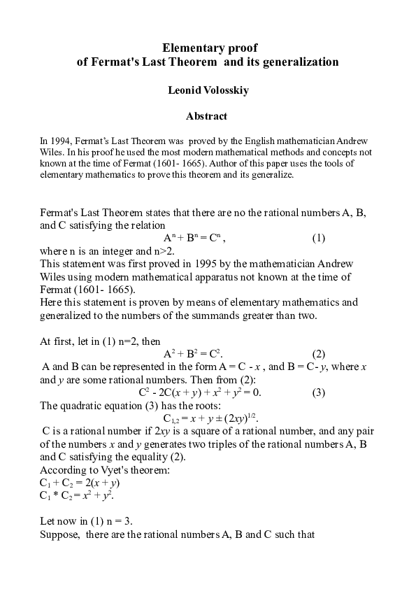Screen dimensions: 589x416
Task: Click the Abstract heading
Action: pyautogui.click(x=206, y=115)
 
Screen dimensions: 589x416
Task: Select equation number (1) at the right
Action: pyautogui.click(x=318, y=237)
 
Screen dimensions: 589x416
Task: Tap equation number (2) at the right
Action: pyautogui.click(x=318, y=353)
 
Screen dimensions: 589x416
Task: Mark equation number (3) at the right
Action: pyautogui.click(x=318, y=392)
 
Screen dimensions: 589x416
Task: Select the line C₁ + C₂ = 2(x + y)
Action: pyautogui.click(x=80, y=483)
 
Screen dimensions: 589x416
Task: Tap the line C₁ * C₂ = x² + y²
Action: pyautogui.click(x=77, y=496)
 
